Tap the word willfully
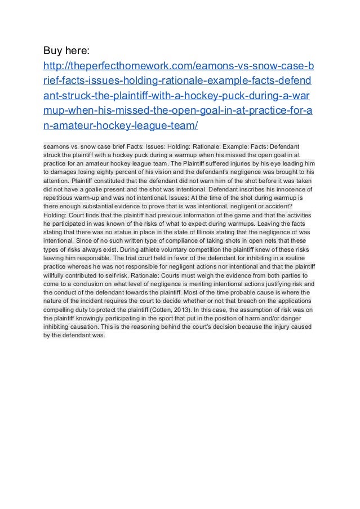(56, 276)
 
